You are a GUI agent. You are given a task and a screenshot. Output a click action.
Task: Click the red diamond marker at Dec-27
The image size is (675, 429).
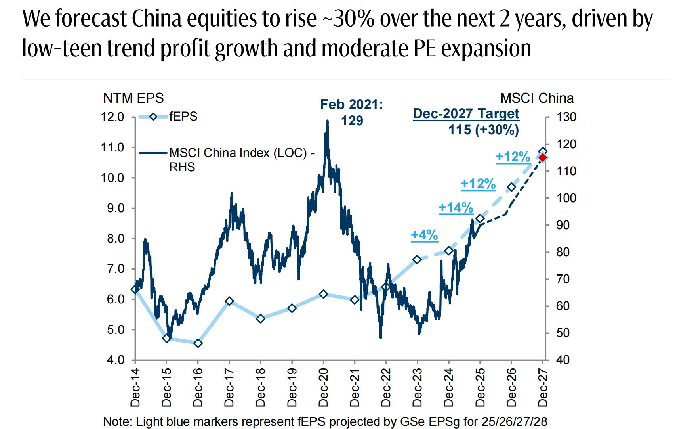pos(543,157)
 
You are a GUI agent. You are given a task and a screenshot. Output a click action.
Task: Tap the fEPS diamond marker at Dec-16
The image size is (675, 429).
pos(198,343)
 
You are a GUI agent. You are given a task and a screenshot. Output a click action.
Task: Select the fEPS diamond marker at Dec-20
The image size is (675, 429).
pos(323,294)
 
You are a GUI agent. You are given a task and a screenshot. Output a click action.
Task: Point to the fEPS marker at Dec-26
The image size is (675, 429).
pos(511,187)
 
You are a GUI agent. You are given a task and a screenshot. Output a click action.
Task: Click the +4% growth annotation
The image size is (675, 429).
pos(424,235)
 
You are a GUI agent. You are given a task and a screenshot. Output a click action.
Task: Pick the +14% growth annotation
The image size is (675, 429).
pos(456,207)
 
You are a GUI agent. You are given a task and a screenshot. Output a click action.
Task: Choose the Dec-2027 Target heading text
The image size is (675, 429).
pos(466,113)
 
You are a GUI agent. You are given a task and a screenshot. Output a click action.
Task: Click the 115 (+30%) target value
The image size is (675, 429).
pos(483,130)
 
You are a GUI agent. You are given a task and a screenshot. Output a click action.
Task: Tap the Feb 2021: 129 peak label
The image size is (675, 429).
pos(352,112)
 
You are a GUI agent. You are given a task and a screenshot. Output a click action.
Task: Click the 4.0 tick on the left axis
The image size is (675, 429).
pos(115,360)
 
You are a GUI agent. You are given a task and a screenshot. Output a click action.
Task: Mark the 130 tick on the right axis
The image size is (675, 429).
pos(566,117)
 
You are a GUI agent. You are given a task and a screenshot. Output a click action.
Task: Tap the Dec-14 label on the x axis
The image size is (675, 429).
pos(135,387)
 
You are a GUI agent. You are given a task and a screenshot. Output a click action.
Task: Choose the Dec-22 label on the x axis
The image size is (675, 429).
pos(386,387)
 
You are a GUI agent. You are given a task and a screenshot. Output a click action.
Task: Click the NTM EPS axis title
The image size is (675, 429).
pos(133,98)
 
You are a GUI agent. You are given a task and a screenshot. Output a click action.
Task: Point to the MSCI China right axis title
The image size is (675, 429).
pos(537,98)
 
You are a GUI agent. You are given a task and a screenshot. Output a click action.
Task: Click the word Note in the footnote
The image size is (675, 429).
pos(118,421)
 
